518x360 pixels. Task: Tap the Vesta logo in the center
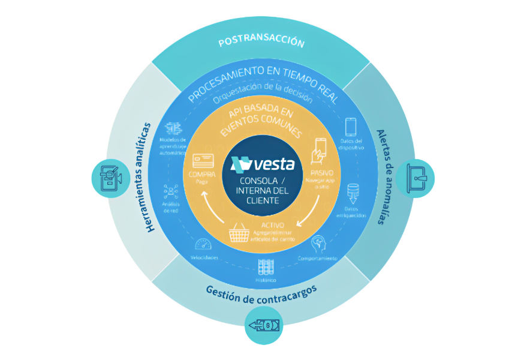click(x=258, y=163)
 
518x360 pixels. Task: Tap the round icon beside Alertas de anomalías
click(x=415, y=178)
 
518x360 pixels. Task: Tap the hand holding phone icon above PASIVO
click(x=319, y=149)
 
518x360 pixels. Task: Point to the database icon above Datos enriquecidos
click(x=353, y=191)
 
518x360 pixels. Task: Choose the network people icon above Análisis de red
click(x=170, y=191)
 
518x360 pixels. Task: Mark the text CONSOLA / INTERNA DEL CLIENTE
click(x=259, y=191)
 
